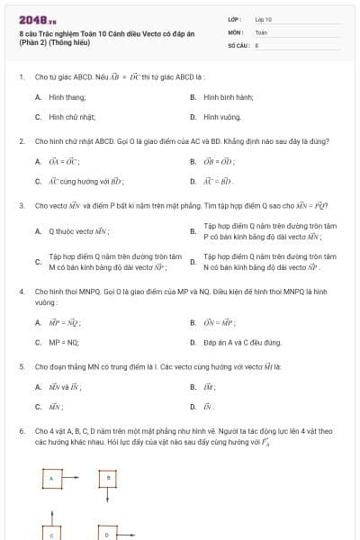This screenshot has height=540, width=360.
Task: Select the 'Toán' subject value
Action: pyautogui.click(x=261, y=31)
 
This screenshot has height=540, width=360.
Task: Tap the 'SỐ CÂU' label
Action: pyautogui.click(x=237, y=44)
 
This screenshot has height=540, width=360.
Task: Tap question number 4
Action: pyautogui.click(x=22, y=292)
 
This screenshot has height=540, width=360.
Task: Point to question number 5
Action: pyautogui.click(x=22, y=367)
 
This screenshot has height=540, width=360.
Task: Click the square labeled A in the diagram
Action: pyautogui.click(x=51, y=479)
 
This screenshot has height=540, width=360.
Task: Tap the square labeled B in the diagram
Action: pyautogui.click(x=108, y=477)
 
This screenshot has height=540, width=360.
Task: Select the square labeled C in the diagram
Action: pyautogui.click(x=51, y=533)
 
